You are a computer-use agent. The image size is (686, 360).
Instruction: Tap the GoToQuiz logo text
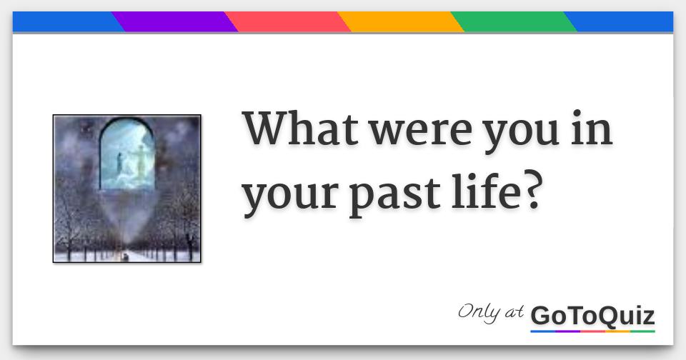(x=592, y=315)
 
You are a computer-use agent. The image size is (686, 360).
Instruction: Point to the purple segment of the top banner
(x=175, y=22)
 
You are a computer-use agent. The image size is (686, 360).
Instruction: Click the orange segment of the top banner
(x=400, y=22)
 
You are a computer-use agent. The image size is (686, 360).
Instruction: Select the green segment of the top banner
(x=513, y=22)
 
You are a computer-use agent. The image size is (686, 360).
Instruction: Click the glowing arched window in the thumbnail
(x=128, y=154)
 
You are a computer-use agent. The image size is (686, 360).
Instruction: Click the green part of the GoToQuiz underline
(x=642, y=331)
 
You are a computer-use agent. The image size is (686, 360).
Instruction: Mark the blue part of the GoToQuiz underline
(x=543, y=331)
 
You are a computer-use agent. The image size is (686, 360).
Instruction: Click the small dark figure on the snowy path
(x=126, y=254)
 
